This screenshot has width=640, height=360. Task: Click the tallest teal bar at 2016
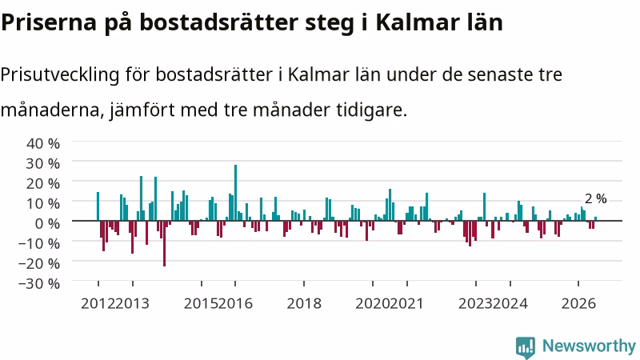pyautogui.click(x=235, y=193)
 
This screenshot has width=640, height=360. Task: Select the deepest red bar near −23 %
pyautogui.click(x=165, y=244)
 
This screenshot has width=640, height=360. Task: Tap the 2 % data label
pyautogui.click(x=595, y=198)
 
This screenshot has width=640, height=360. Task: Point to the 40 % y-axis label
pyautogui.click(x=43, y=144)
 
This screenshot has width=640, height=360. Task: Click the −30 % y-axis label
pyautogui.click(x=39, y=284)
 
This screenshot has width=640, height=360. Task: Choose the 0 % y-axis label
pyautogui.click(x=47, y=224)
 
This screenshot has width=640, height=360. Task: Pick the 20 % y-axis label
pyautogui.click(x=43, y=184)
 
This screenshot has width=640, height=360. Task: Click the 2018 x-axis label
pyautogui.click(x=304, y=304)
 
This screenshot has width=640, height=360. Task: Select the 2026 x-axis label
pyautogui.click(x=578, y=304)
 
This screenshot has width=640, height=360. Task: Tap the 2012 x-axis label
pyautogui.click(x=98, y=304)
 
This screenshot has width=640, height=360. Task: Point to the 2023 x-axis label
pyautogui.click(x=475, y=304)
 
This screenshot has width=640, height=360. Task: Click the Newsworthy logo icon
pyautogui.click(x=526, y=347)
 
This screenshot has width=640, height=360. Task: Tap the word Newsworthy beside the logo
pyautogui.click(x=589, y=346)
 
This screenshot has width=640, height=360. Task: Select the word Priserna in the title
pyautogui.click(x=49, y=22)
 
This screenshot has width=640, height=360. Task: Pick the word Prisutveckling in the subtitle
pyautogui.click(x=60, y=75)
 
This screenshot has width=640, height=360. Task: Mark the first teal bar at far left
pyautogui.click(x=98, y=206)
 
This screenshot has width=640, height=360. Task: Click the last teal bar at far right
pyautogui.click(x=595, y=218)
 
